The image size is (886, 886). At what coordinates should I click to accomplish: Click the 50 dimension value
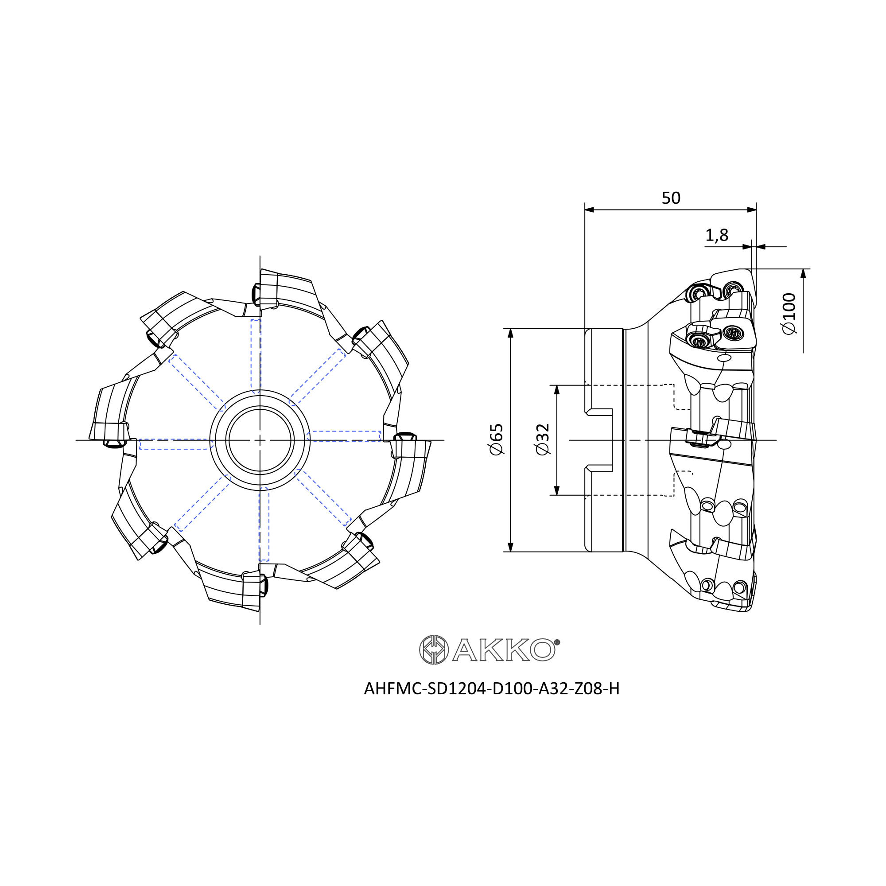pyautogui.click(x=671, y=198)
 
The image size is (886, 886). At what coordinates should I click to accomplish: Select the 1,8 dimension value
pyautogui.click(x=716, y=236)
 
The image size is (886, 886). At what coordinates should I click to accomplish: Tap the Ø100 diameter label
pyautogui.click(x=789, y=314)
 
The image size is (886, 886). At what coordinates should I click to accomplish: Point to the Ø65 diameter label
pyautogui.click(x=497, y=439)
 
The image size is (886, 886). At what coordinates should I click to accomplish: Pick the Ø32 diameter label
pyautogui.click(x=543, y=439)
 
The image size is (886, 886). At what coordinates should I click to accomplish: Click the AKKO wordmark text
pyautogui.click(x=504, y=650)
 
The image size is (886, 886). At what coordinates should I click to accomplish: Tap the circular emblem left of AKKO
pyautogui.click(x=433, y=650)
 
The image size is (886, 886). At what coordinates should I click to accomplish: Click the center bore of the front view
pyautogui.click(x=260, y=440)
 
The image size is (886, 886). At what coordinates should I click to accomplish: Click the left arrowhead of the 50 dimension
pyautogui.click(x=590, y=210)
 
